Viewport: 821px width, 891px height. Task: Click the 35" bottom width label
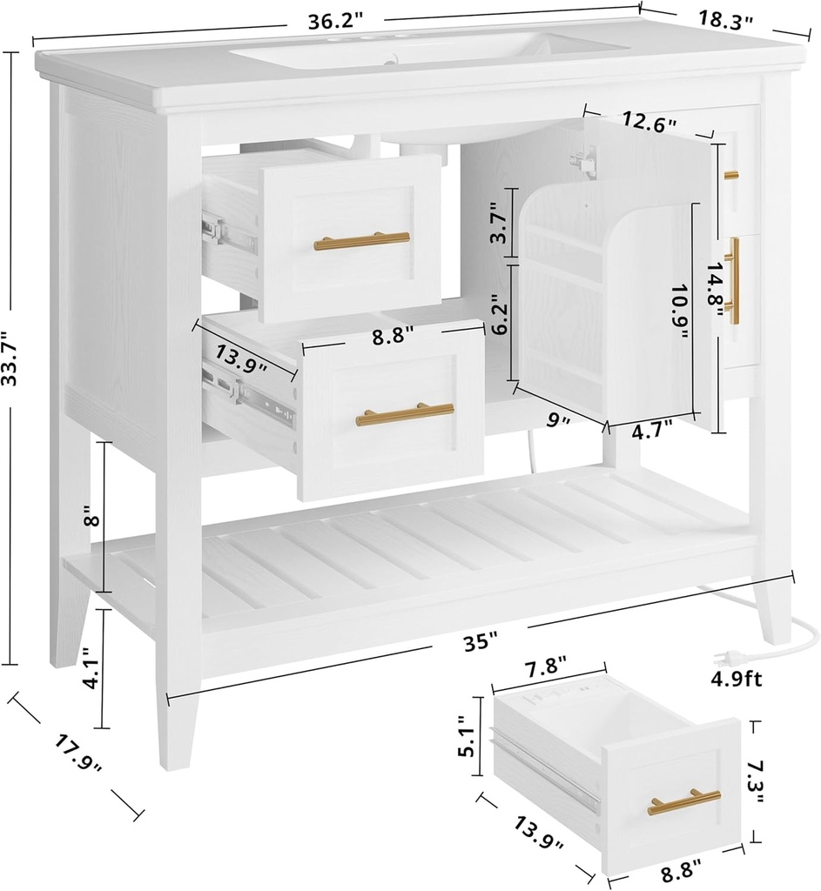pos(480,643)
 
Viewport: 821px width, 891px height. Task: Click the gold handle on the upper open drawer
pos(361,241)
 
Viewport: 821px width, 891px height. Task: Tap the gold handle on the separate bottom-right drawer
pos(683,802)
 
